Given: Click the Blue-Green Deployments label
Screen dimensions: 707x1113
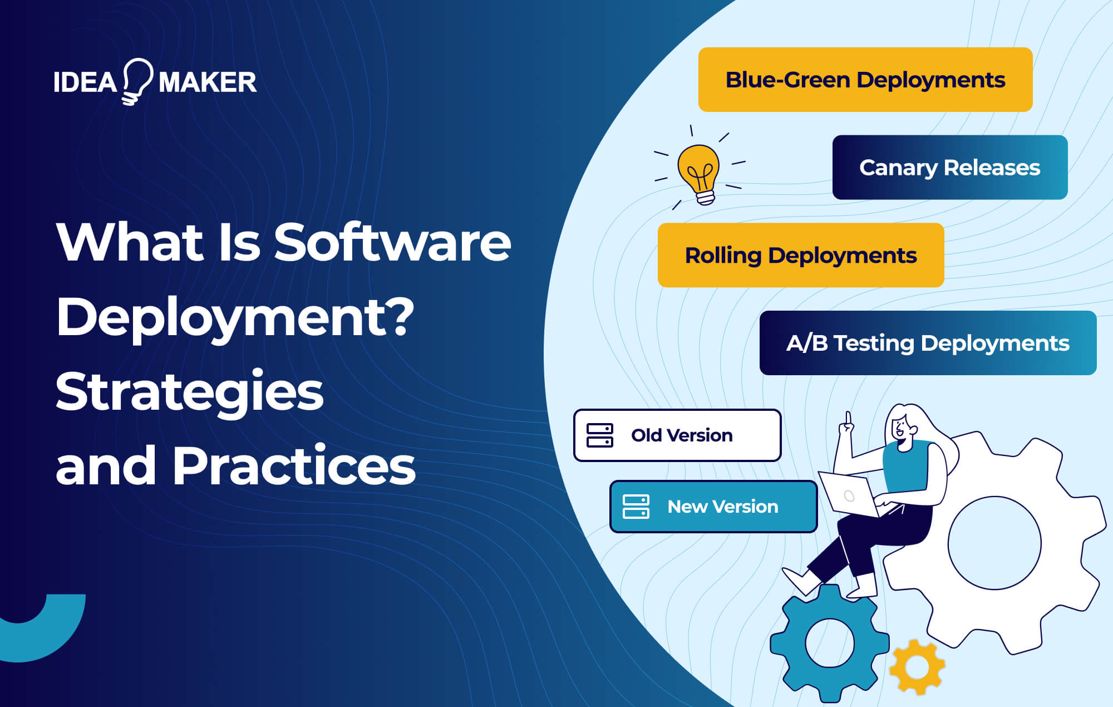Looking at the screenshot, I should click(x=865, y=80).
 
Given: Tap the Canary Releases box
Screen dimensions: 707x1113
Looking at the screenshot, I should click(x=949, y=168).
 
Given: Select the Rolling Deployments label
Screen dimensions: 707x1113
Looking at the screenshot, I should click(x=800, y=256).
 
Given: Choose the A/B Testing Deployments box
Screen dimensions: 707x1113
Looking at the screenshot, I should click(x=928, y=343).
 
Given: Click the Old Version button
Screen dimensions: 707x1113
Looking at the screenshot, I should click(x=677, y=435).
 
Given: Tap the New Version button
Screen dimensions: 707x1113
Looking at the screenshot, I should click(x=713, y=507).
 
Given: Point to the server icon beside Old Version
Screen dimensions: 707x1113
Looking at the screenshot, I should click(x=600, y=435).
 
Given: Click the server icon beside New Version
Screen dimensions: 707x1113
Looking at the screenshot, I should click(x=636, y=507).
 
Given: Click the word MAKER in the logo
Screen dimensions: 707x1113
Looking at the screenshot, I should click(x=208, y=83).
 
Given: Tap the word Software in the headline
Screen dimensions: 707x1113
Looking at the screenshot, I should click(x=392, y=243).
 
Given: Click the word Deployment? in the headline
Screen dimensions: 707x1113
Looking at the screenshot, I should click(x=235, y=317).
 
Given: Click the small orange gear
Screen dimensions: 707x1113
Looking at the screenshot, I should click(x=917, y=667).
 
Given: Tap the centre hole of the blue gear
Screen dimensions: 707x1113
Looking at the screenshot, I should click(x=829, y=643).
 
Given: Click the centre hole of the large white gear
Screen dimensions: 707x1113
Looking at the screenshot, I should click(x=994, y=543).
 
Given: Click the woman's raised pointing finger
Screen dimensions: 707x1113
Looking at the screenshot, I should click(x=848, y=418).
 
